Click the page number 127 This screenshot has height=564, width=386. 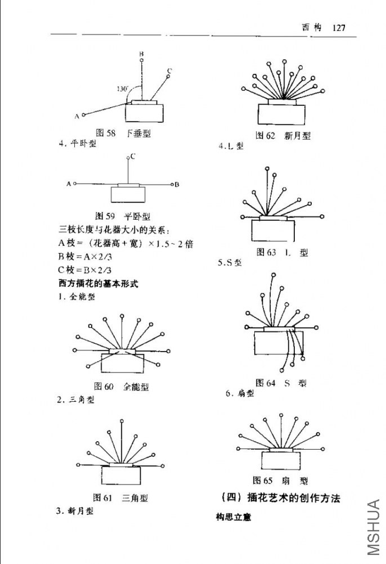[339, 28]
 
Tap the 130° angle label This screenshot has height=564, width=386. [123, 89]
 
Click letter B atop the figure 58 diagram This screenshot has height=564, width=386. [141, 54]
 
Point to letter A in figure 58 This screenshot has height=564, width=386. [77, 116]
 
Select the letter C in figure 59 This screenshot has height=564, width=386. [133, 156]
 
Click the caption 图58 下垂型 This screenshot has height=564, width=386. [124, 134]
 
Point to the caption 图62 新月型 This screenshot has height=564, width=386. [283, 136]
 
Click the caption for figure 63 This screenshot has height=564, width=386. [282, 252]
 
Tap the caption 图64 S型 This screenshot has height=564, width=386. [281, 383]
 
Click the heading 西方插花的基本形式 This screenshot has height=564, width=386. [98, 284]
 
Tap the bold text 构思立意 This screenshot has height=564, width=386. [234, 517]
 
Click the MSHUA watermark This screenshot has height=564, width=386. [374, 527]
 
